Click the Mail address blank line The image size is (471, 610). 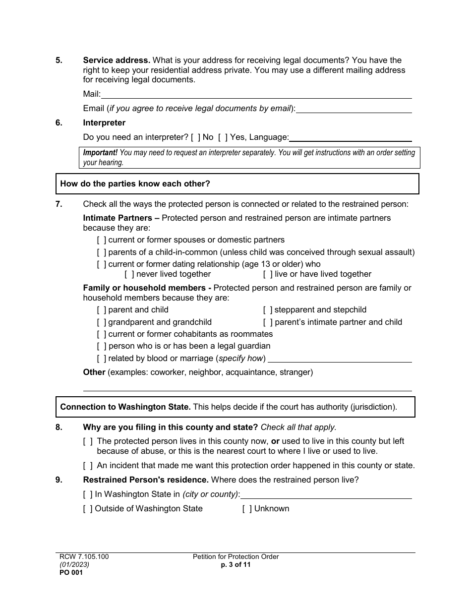(x=256, y=94)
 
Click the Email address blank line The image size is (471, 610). (x=353, y=109)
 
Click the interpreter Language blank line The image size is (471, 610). (x=350, y=137)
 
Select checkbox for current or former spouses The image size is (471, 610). (x=102, y=240)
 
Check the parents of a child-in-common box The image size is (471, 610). (x=102, y=252)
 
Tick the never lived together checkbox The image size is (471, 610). (x=129, y=274)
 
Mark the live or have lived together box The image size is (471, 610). (x=268, y=274)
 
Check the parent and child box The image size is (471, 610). (x=102, y=310)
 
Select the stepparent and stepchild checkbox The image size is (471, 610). (x=268, y=310)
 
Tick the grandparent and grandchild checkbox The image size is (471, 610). (x=102, y=322)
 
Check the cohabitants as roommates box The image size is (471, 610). (x=102, y=334)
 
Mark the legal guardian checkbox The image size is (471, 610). (x=102, y=346)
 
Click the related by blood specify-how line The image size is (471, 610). (x=340, y=359)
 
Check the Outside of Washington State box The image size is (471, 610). (x=88, y=509)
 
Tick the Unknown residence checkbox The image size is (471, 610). (x=247, y=509)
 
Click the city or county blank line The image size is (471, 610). (x=326, y=494)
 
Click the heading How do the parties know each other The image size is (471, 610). (x=135, y=184)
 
